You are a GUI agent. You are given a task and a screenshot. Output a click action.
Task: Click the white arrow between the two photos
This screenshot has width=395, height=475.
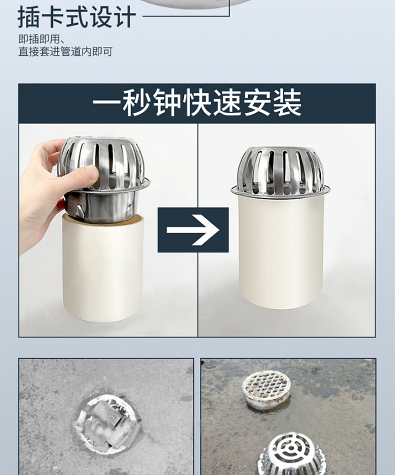193,230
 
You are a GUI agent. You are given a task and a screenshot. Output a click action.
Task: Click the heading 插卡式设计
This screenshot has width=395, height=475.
77,17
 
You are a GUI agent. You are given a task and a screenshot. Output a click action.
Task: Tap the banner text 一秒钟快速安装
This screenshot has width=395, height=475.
197,103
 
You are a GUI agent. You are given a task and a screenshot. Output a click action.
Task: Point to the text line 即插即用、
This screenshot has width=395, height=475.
43,39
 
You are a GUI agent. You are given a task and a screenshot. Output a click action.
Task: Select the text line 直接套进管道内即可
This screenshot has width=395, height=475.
65,52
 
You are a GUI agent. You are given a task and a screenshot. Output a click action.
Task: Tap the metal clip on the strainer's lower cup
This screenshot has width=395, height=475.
80,211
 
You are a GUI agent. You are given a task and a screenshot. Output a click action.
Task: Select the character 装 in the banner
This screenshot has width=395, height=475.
287,103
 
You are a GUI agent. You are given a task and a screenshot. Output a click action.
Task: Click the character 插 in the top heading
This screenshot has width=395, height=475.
29,17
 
